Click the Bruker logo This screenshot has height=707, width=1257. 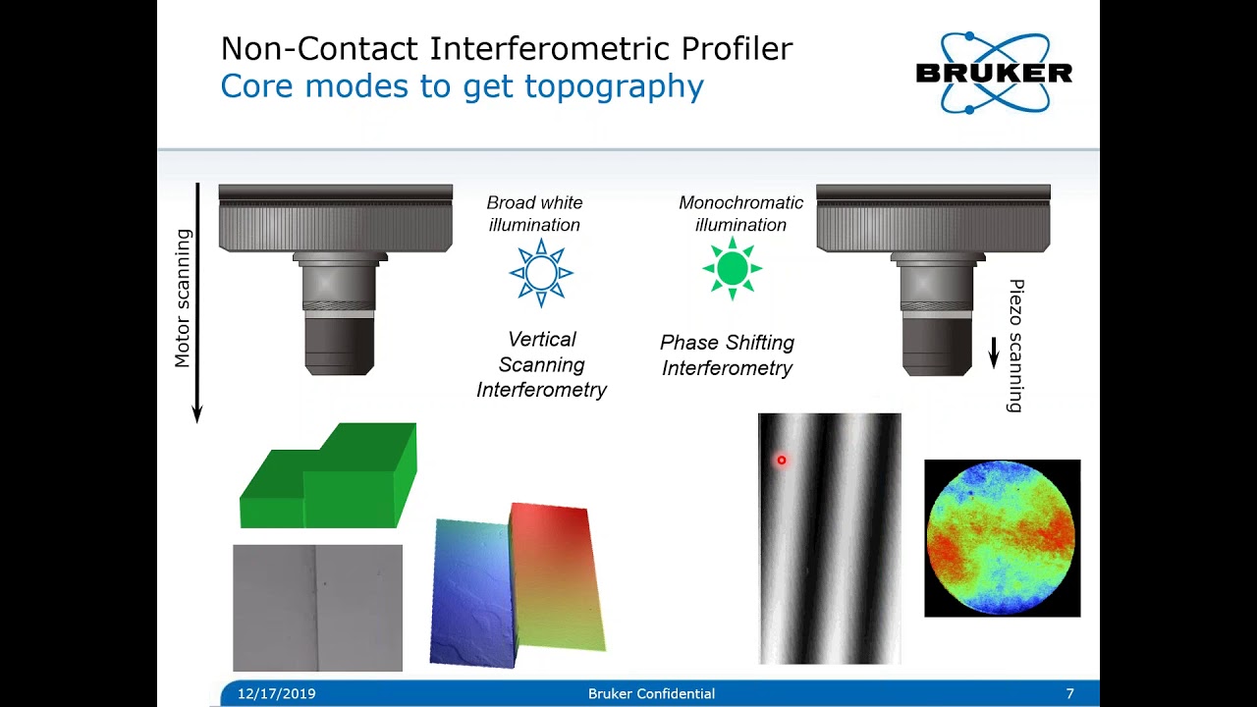pyautogui.click(x=993, y=73)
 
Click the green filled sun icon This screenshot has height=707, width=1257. pyautogui.click(x=733, y=268)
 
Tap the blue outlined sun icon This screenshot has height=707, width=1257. pyautogui.click(x=541, y=272)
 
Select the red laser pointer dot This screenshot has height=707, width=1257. pyautogui.click(x=782, y=460)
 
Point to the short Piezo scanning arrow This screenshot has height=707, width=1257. pyautogui.click(x=993, y=353)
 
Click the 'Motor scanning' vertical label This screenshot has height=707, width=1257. pyautogui.click(x=183, y=299)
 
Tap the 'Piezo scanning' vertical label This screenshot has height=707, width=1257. pyautogui.click(x=1015, y=346)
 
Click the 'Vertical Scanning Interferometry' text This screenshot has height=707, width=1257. pyautogui.click(x=541, y=364)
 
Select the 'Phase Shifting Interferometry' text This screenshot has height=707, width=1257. pyautogui.click(x=727, y=355)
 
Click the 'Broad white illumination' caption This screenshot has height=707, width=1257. pyautogui.click(x=534, y=213)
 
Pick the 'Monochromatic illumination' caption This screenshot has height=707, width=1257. pyautogui.click(x=740, y=213)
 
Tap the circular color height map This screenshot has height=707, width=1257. pyautogui.click(x=1002, y=537)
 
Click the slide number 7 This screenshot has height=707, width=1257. pyautogui.click(x=1069, y=693)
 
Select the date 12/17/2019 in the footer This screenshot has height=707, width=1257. pyautogui.click(x=276, y=693)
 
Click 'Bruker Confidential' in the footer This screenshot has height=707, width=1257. pyautogui.click(x=651, y=693)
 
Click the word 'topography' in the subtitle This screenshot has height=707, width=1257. pyautogui.click(x=614, y=86)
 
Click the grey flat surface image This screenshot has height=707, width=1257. pyautogui.click(x=317, y=607)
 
